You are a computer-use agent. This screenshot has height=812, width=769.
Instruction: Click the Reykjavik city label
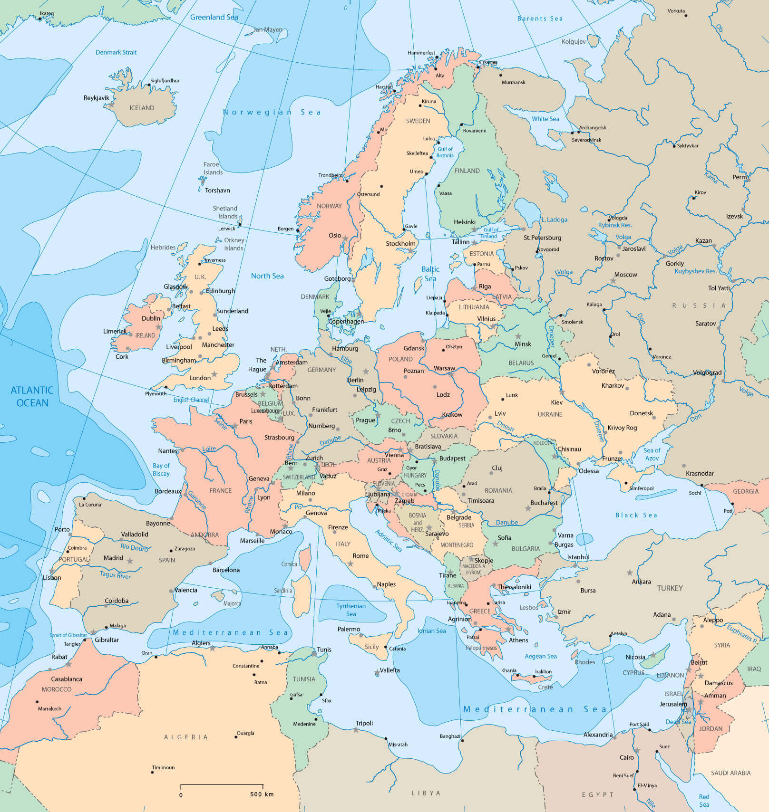pos(97,98)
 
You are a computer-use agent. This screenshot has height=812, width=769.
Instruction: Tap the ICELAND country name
pos(142,108)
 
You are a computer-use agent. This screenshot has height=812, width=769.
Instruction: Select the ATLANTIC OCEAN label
pos(32,396)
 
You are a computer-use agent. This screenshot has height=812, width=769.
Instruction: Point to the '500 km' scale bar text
pos(262,794)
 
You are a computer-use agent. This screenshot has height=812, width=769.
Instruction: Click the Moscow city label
pos(625,275)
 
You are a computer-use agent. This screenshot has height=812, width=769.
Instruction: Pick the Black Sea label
pos(636,515)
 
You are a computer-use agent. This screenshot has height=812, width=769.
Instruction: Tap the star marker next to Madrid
pos(130,561)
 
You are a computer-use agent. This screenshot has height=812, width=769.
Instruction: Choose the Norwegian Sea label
pos(272,112)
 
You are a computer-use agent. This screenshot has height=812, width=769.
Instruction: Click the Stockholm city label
pos(400,244)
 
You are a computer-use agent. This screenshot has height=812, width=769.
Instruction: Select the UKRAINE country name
pos(550,414)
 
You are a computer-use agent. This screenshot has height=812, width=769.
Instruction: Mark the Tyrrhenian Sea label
pos(351,610)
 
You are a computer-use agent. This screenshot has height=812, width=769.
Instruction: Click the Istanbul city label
pos(578,557)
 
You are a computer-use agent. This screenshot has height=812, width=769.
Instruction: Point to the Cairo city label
pos(626,757)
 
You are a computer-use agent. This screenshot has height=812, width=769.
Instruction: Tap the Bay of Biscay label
pos(161,469)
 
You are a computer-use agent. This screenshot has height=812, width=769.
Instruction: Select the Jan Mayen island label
pos(268,29)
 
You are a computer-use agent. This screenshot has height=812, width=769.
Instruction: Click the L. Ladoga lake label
pos(554,220)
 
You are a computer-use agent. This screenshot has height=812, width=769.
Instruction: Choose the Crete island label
pos(545,687)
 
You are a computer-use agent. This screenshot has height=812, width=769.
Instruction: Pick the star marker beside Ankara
pos(630,573)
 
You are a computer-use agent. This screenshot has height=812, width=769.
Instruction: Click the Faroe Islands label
pos(213,168)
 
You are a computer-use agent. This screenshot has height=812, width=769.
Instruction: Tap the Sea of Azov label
pos(652,454)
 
